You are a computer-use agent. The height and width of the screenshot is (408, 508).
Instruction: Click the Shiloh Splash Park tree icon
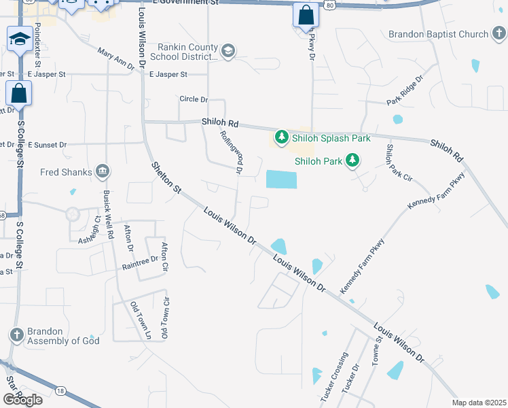coord(280,138)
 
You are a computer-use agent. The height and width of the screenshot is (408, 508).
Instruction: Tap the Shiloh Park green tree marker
coord(352,161)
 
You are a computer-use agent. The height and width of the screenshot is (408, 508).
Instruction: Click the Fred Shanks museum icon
coord(103,170)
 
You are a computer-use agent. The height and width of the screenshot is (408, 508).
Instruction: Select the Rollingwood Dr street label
coord(231,154)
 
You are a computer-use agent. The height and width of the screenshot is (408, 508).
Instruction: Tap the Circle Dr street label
coord(194,99)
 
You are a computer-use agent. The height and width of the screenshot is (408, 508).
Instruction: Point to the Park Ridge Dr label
coord(405,90)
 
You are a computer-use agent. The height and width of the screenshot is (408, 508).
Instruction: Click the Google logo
coord(22,399)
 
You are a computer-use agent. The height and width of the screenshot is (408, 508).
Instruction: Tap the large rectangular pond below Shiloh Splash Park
coord(282,180)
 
